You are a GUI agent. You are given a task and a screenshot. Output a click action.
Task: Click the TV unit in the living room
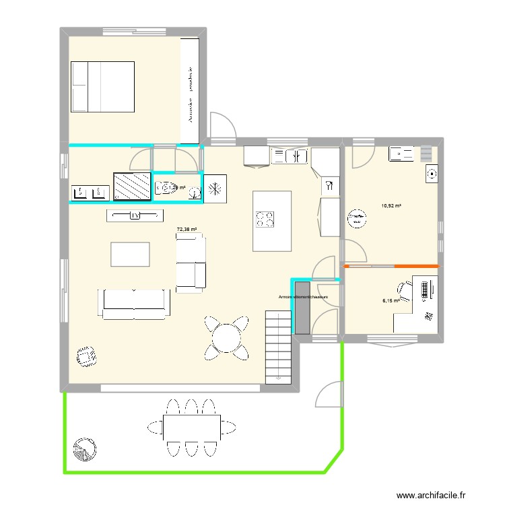135,215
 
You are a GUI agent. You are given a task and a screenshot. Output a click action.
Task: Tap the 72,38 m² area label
187,230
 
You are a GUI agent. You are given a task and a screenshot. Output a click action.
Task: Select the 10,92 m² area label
391,205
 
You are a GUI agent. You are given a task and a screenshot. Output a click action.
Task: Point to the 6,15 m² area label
391,301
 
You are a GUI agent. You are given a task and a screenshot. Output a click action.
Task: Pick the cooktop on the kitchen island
263,219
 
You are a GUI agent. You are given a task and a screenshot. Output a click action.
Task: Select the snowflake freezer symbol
215,188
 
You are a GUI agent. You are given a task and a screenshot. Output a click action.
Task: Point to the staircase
279,347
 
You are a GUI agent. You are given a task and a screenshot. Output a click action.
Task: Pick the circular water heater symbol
357,220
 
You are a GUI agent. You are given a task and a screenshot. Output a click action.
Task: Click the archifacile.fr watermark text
431,495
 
